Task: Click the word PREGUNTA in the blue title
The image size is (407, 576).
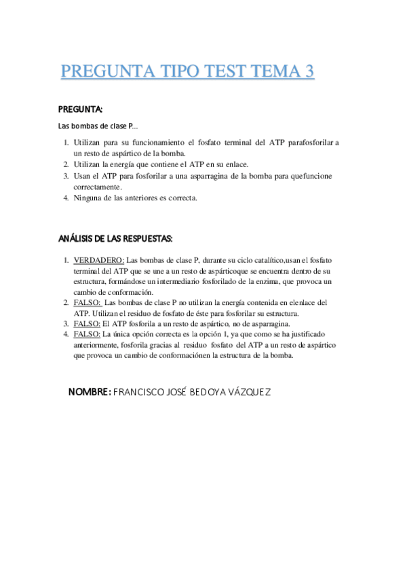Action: pyautogui.click(x=106, y=72)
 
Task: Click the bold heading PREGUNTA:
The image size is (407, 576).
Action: pyautogui.click(x=81, y=109)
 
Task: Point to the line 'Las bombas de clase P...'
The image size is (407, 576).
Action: pyautogui.click(x=98, y=126)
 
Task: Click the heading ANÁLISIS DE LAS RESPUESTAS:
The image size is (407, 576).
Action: pyautogui.click(x=115, y=239)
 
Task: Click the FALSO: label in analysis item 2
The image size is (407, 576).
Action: pyautogui.click(x=87, y=302)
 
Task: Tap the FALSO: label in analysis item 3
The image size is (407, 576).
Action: pyautogui.click(x=87, y=324)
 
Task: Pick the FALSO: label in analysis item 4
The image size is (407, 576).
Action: pyautogui.click(x=87, y=335)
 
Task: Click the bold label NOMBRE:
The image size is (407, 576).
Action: pyautogui.click(x=90, y=393)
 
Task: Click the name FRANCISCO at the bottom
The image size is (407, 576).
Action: pyautogui.click(x=138, y=393)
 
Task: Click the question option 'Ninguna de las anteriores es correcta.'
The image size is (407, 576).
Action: pyautogui.click(x=136, y=198)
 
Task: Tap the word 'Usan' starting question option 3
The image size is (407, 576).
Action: pyautogui.click(x=82, y=176)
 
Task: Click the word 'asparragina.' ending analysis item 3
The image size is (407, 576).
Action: pyautogui.click(x=271, y=324)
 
